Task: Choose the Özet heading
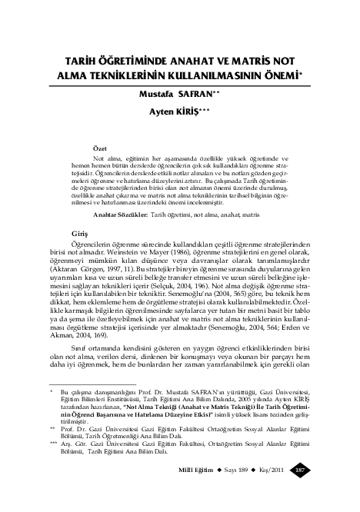[101, 146]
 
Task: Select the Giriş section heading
[79, 233]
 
